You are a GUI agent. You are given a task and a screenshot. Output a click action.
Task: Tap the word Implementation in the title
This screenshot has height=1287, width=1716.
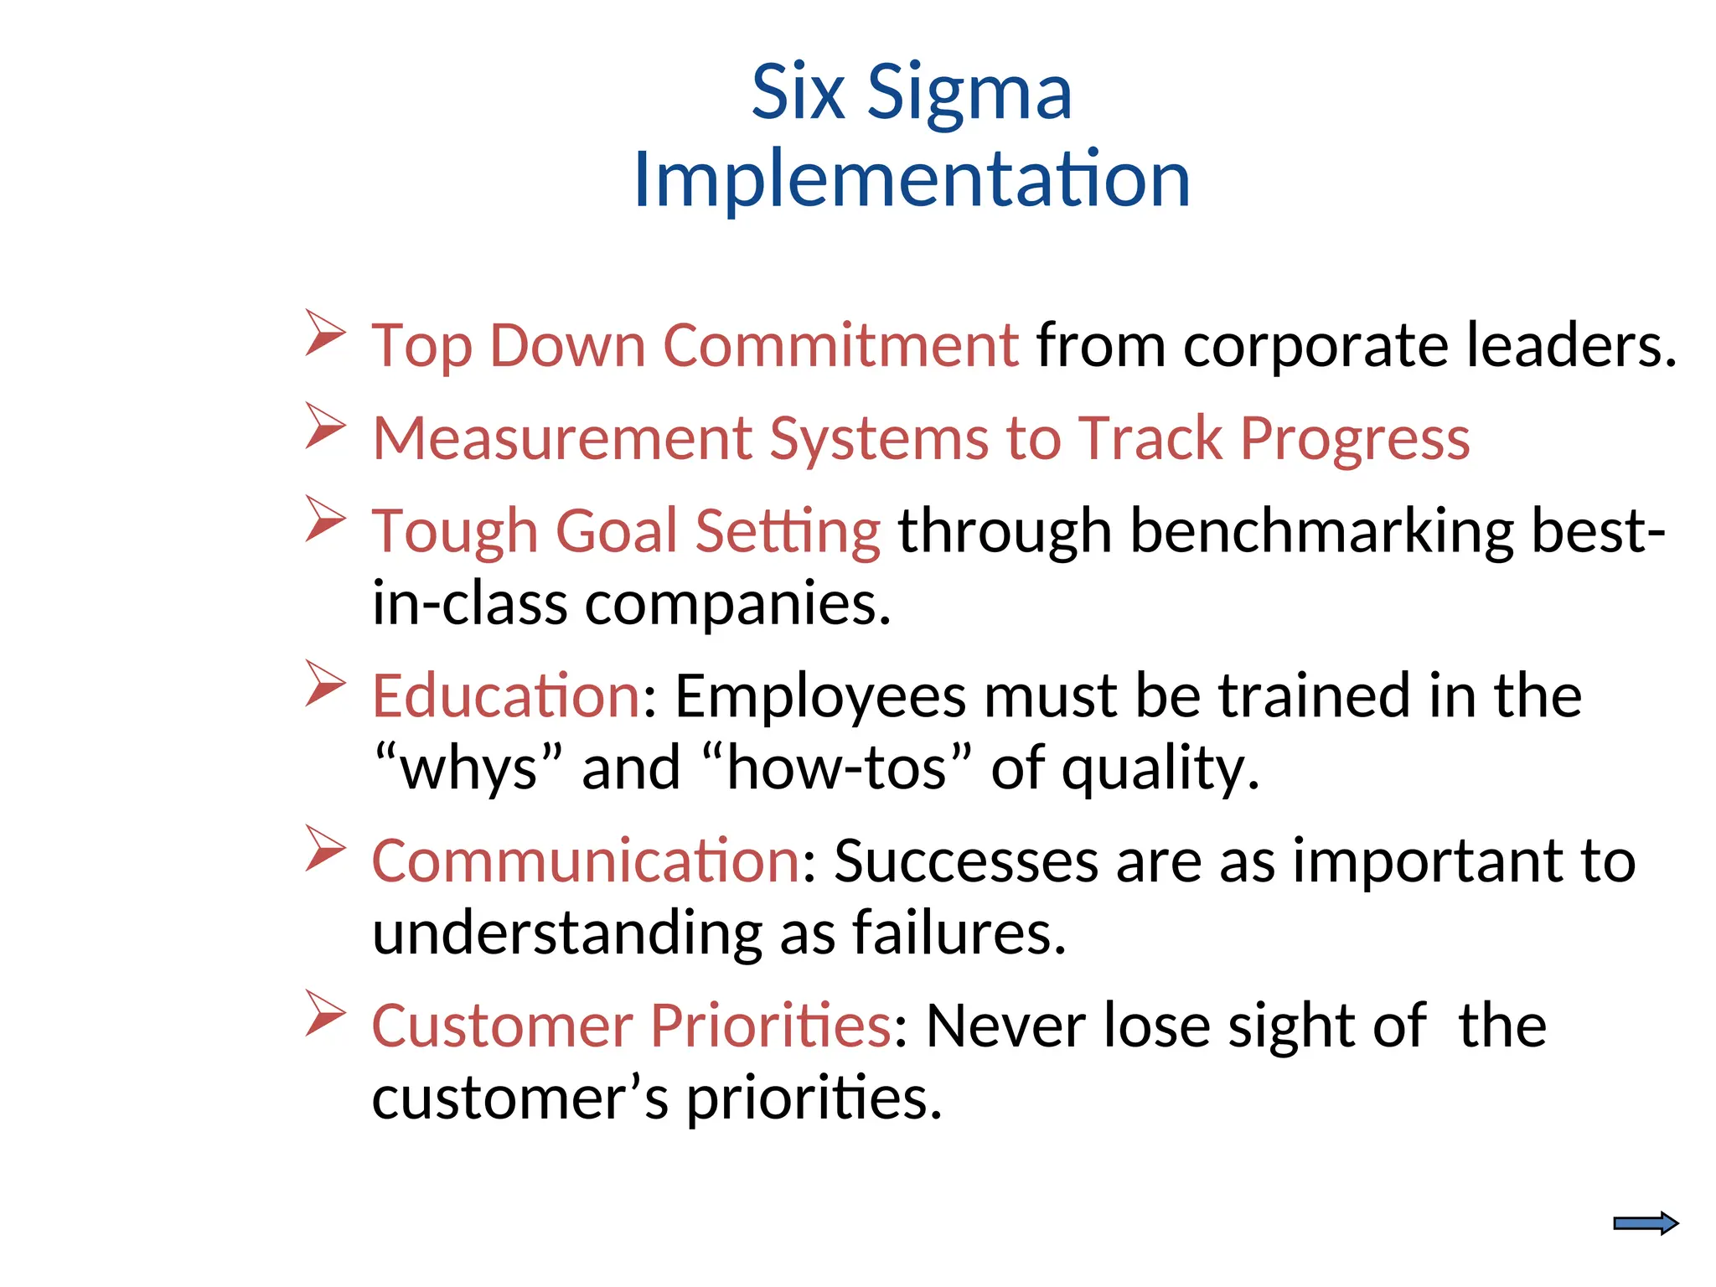(x=911, y=179)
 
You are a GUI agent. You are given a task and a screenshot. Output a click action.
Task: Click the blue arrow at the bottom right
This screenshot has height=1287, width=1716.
(x=1645, y=1223)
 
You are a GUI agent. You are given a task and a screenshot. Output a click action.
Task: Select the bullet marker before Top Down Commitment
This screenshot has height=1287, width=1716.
(x=325, y=333)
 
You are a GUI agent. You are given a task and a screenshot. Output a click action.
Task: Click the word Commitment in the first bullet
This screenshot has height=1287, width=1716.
(x=840, y=345)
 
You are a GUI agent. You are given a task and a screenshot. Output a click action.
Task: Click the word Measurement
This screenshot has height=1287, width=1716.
(x=562, y=438)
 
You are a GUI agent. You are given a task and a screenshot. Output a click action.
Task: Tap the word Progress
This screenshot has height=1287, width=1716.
(x=1354, y=438)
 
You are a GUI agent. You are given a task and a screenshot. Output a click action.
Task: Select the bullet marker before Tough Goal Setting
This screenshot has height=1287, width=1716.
(x=325, y=518)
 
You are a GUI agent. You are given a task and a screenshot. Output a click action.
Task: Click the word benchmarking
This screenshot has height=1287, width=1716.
(x=1321, y=531)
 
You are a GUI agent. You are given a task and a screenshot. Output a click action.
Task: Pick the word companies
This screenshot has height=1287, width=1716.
(x=737, y=604)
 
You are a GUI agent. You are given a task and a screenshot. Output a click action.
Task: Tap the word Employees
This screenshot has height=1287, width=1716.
(x=819, y=697)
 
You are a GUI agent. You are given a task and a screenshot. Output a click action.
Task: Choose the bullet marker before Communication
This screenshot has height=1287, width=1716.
(x=325, y=848)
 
